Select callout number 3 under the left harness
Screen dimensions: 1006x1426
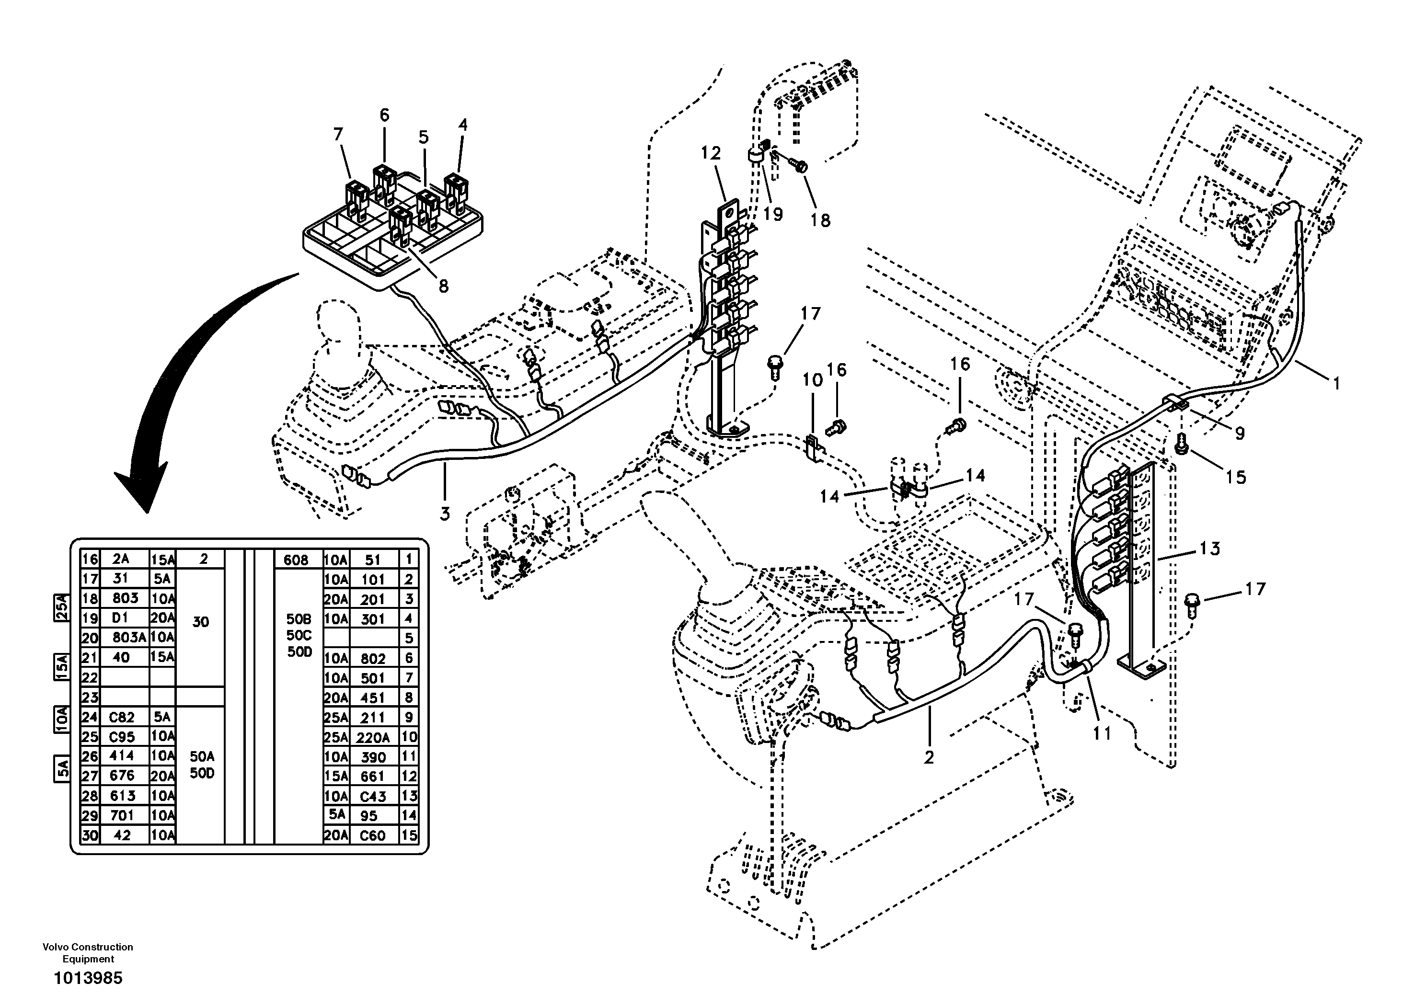click(x=445, y=514)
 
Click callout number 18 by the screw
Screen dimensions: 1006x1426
click(x=820, y=220)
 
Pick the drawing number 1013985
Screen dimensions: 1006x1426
click(x=88, y=978)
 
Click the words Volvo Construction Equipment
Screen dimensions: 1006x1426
click(x=88, y=953)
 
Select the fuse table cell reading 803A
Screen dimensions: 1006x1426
click(x=130, y=637)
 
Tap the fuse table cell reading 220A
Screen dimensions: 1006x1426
click(x=373, y=737)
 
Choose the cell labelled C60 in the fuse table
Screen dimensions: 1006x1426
click(x=373, y=835)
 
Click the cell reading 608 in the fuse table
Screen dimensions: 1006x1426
click(x=296, y=560)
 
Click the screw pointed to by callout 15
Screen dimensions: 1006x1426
click(x=1182, y=445)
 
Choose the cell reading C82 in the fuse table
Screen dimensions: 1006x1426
click(x=122, y=717)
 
